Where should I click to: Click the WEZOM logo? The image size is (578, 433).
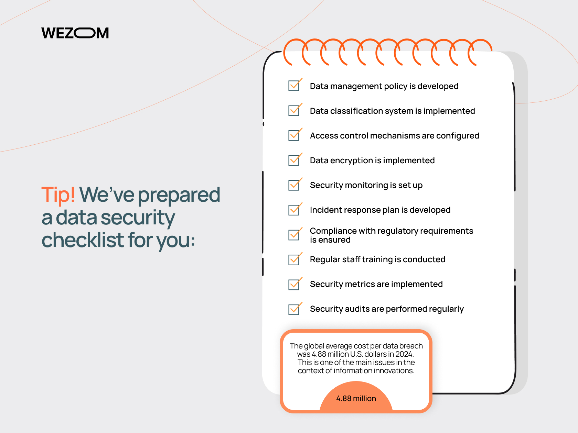point(75,33)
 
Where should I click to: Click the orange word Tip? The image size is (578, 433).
point(58,195)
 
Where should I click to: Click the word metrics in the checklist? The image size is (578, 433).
point(360,284)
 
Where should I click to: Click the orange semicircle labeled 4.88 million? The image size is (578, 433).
point(356,397)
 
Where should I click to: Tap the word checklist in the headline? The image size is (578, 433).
point(83,240)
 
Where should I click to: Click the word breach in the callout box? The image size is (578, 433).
point(411,346)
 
